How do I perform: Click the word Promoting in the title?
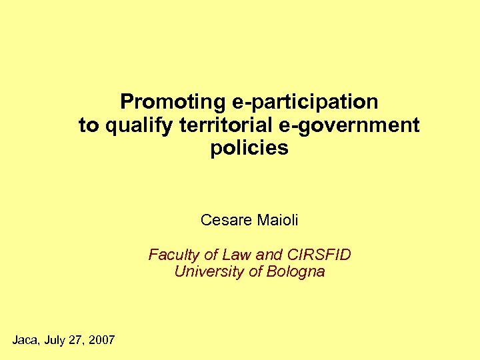173,103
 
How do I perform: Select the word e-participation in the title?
305,103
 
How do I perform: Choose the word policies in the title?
249,148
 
